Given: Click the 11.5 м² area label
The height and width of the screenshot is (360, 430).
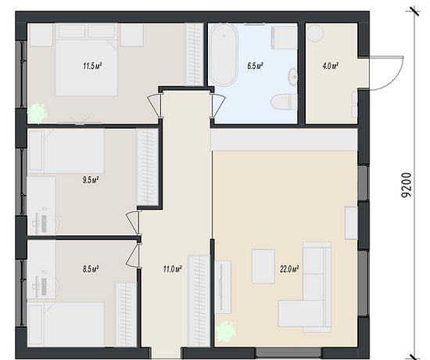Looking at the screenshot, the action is coord(92,66).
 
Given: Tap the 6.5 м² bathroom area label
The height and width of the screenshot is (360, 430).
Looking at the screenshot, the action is coord(255,66).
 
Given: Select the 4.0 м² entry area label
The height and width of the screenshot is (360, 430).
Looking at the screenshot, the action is coord(330,66).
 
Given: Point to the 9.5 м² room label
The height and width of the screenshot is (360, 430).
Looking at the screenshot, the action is coord(91,180).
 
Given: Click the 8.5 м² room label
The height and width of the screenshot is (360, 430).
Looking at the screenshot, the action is coord(91,269).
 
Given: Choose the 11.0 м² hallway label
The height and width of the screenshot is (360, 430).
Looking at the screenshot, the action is coord(173,269).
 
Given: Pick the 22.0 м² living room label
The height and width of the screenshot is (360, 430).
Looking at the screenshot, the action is coord(289,269).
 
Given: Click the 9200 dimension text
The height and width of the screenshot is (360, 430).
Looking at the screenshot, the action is coord(407,185).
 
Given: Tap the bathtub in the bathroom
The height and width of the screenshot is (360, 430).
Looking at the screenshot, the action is coord(224,56).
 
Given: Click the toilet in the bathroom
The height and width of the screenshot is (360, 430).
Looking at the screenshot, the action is coord(284,102).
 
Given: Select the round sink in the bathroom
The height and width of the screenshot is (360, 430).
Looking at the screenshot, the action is coord(293,77).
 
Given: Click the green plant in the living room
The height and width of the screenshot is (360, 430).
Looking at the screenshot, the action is coord(226,332).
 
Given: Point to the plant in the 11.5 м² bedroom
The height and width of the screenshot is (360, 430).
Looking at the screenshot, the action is coord(38,113).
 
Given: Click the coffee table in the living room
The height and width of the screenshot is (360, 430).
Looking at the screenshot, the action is coord(263,266).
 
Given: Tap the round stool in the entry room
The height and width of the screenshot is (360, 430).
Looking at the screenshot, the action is coord(315,33).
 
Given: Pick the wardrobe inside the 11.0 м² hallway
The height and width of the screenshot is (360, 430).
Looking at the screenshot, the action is coord(199,301).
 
